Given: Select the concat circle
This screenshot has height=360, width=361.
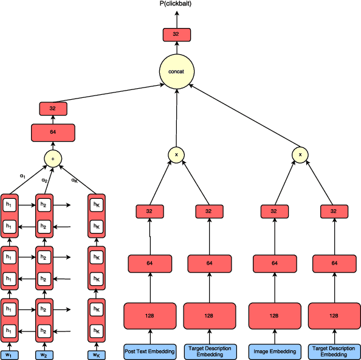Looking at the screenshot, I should coord(176,72).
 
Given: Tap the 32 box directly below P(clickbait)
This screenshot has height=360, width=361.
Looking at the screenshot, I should coord(176,35).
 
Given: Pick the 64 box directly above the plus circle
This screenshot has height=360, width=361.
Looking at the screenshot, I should coord(53,133).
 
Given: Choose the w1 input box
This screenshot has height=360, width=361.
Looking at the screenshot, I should coord(9,354).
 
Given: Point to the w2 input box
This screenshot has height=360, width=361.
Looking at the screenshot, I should coord(44,354).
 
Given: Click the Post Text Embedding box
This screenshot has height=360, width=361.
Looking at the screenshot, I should coord(149,351).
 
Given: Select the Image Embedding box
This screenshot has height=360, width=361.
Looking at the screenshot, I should coord(274,351).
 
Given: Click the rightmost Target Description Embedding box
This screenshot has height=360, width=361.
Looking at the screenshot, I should coord(333,351).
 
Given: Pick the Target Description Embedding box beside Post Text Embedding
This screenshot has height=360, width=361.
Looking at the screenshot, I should coord(208,351).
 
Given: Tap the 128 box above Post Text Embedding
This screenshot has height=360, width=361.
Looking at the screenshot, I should coord(149,316).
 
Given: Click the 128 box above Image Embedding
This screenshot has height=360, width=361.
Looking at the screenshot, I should coord(274,316).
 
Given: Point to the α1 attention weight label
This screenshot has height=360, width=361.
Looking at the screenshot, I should coord(22,175).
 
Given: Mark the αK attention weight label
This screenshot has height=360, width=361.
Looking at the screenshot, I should coord(74,180).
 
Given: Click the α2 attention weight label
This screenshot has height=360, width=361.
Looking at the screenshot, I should coord(44,180).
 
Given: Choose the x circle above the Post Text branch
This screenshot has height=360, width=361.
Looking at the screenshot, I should coord(176,155).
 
